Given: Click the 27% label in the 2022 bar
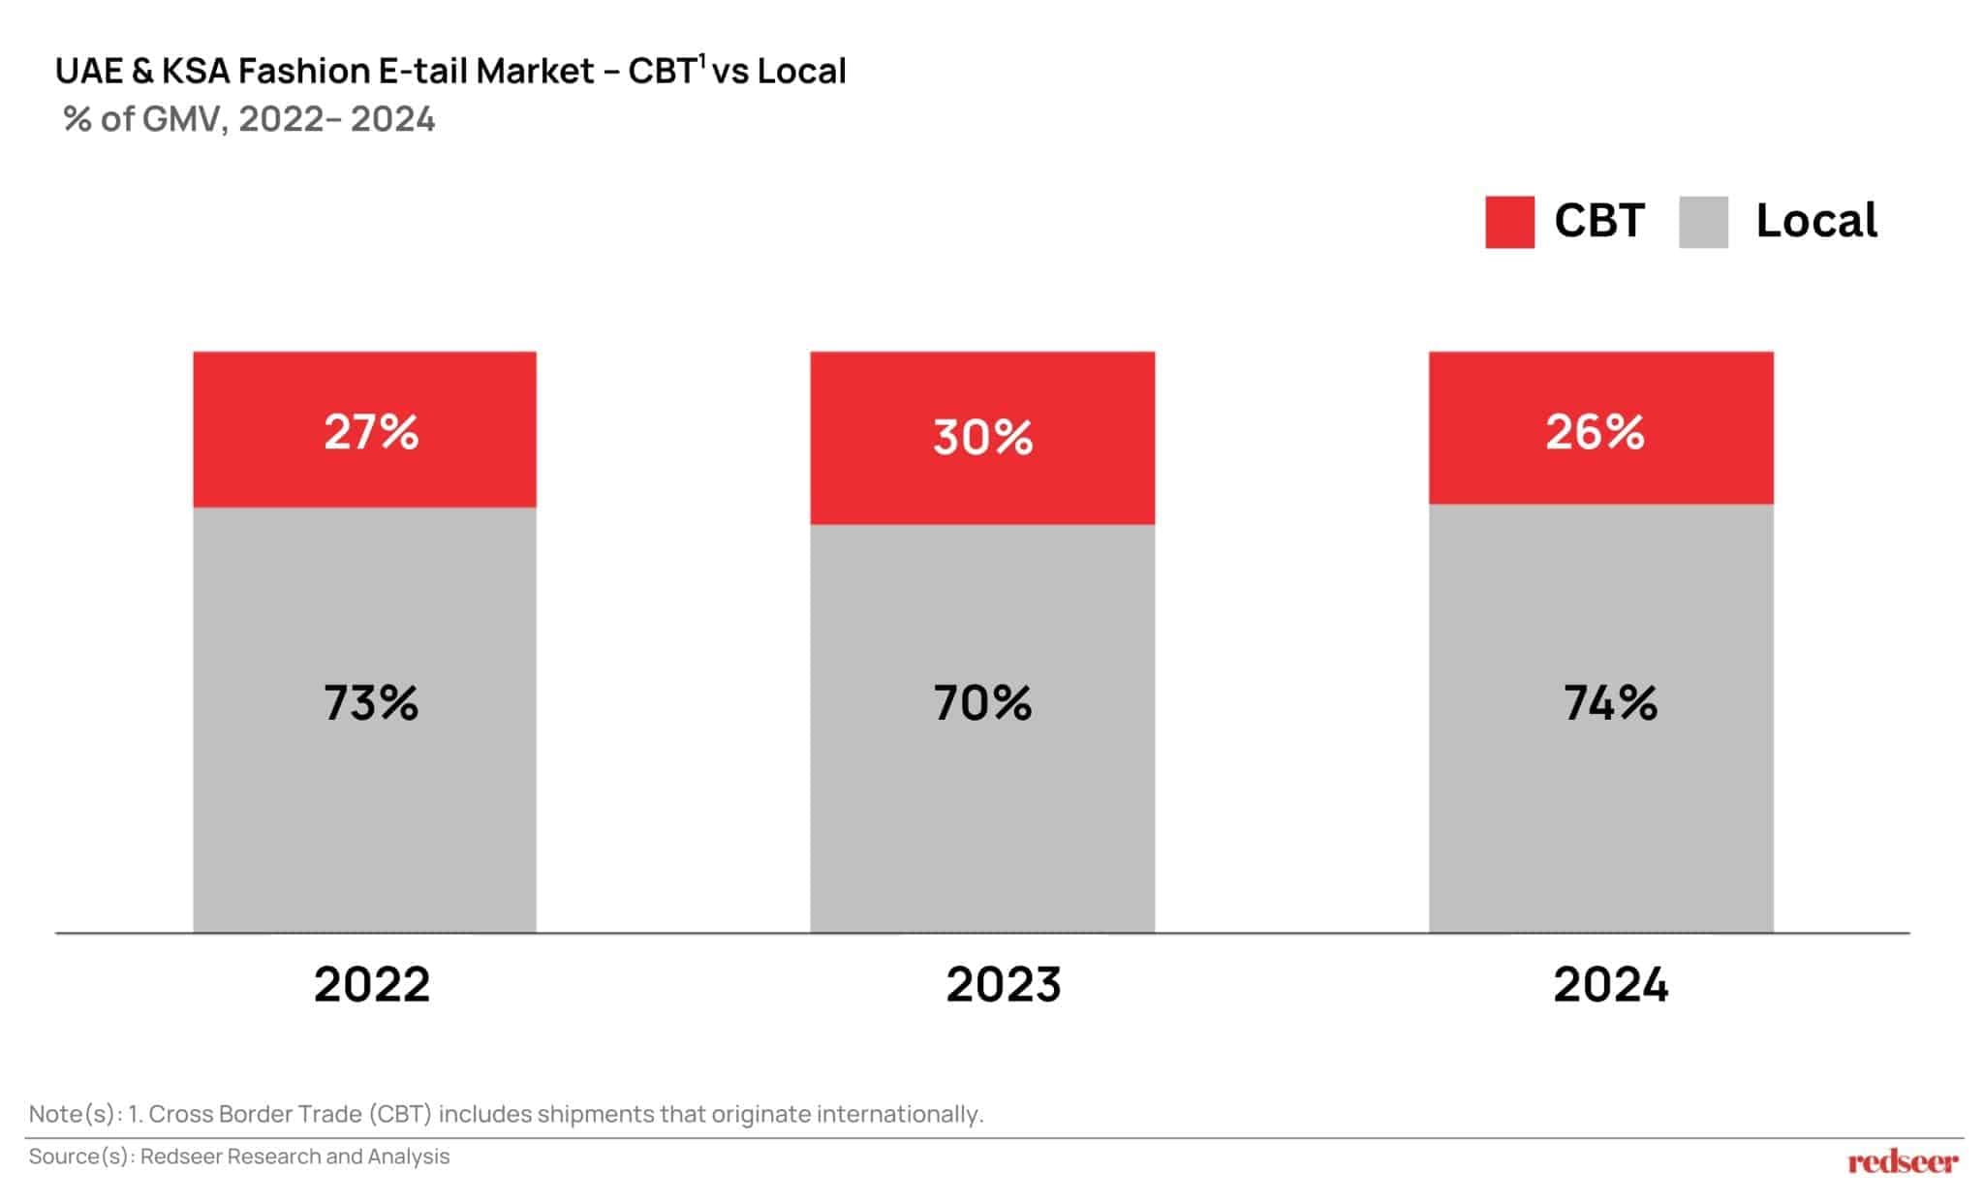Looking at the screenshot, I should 371,432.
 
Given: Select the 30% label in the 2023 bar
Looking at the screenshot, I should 982,438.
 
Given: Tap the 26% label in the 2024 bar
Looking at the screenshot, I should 1595,432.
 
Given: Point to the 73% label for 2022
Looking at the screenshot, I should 371,703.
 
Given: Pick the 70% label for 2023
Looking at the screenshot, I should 982,703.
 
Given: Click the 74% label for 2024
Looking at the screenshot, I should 1610,703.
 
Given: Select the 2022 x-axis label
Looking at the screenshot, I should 371,985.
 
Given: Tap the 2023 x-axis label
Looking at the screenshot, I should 1003,985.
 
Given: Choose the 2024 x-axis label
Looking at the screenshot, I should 1610,985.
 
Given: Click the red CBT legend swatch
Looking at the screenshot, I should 1508,222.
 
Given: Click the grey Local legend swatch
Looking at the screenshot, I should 1702,222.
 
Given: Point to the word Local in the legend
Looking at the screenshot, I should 1815,222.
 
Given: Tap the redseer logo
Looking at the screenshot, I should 1902,1161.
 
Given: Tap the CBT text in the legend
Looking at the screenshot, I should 1598,222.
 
